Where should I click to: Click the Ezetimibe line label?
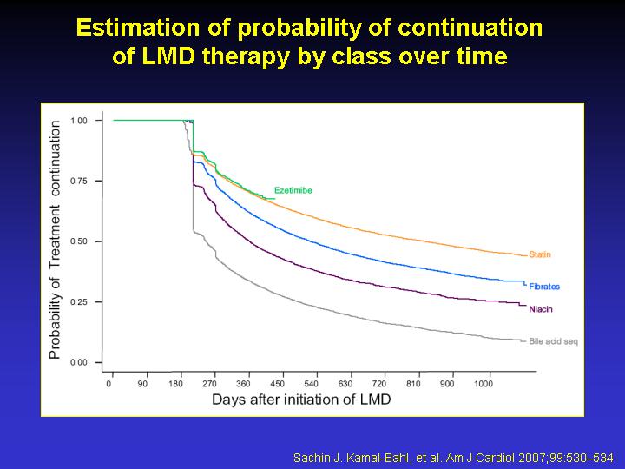click(293, 190)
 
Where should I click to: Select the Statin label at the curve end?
click(540, 254)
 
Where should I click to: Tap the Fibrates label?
click(544, 287)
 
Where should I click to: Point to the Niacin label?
click(541, 309)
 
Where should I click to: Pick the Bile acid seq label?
click(553, 342)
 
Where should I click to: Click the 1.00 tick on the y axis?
click(79, 121)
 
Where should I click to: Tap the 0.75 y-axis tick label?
click(79, 181)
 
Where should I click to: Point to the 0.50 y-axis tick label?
click(79, 241)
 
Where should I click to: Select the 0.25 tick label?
click(79, 302)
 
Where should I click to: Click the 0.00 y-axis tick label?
click(79, 362)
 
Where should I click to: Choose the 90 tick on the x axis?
click(142, 384)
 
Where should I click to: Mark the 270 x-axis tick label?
click(210, 384)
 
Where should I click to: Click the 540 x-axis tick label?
click(312, 384)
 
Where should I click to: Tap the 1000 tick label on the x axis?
click(484, 384)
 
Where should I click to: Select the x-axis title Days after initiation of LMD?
click(301, 400)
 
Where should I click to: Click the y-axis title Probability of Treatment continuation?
click(55, 240)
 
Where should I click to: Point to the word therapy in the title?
click(246, 56)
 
